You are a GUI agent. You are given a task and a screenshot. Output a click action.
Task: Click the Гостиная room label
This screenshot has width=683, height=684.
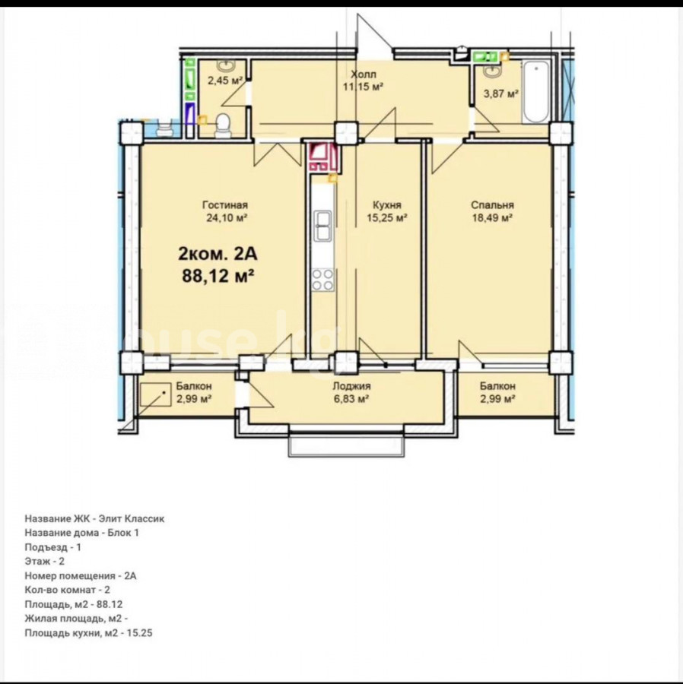coord(225,205)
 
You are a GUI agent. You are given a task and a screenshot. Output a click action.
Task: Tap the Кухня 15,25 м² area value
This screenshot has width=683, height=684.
coord(386,217)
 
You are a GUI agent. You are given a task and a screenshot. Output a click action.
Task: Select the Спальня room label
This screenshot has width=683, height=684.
coord(492,205)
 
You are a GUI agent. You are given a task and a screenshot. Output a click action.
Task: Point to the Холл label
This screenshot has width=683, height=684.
coord(363,74)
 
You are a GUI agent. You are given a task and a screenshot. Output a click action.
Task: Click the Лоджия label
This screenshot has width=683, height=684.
coord(351,386)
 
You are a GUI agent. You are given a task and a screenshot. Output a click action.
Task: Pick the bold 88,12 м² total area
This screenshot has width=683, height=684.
coord(218,276)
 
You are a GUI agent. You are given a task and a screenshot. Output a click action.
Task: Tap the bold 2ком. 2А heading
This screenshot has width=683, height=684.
coord(218,253)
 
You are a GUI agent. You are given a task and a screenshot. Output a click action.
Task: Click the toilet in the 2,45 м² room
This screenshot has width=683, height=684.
coord(223,125)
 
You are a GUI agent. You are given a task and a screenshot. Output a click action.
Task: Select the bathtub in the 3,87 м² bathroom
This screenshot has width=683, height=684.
coord(535,93)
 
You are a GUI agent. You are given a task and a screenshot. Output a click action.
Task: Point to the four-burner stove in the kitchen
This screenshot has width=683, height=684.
coord(322,280)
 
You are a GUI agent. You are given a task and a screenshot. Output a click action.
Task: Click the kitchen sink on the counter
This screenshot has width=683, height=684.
coord(322,225)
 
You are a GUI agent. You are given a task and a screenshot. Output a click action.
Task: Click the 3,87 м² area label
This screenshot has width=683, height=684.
coord(501,93)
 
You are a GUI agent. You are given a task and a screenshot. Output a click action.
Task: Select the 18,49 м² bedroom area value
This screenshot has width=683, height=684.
coord(492,217)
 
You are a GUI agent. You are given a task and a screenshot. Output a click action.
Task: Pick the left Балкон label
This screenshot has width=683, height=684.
coord(194,386)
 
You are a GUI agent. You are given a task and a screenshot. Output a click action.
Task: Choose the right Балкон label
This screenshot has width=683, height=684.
coord(497,386)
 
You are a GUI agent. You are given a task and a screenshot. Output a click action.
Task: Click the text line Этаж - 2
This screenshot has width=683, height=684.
coord(45,561)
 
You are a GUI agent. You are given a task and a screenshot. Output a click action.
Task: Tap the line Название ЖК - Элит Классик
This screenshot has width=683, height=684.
coord(95,518)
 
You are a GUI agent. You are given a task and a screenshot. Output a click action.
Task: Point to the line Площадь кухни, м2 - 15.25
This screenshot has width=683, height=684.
coord(88,632)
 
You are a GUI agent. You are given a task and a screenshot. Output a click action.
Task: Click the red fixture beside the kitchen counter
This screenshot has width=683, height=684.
coord(323,156)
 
